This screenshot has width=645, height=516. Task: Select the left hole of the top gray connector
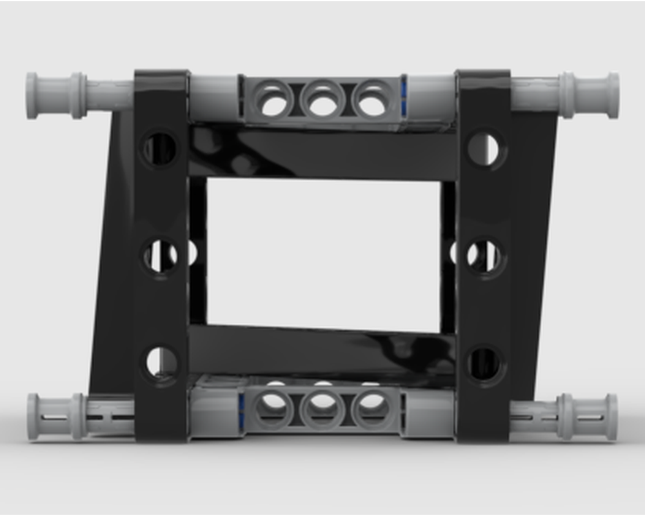273,101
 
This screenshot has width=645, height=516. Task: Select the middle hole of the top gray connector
322,101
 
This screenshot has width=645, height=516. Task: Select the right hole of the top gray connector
372,101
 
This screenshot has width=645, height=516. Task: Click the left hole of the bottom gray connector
273,408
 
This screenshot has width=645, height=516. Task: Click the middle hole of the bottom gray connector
322,408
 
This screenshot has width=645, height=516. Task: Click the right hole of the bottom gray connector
372,408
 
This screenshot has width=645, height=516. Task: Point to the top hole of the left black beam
160,149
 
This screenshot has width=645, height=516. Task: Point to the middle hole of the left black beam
161,255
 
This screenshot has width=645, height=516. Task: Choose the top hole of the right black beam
484,149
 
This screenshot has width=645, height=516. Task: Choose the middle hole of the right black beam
484,255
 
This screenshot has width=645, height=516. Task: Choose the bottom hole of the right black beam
484,363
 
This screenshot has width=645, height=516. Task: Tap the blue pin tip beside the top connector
404,97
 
